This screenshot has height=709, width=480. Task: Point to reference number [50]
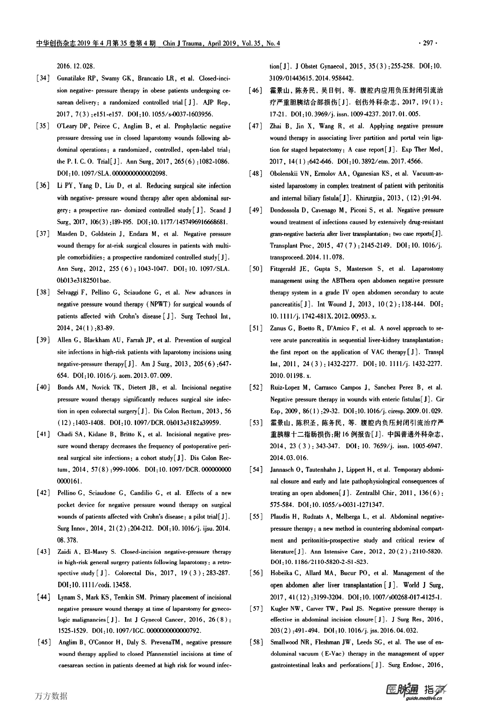coord(256,269)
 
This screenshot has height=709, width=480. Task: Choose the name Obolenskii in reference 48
coord(285,174)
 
